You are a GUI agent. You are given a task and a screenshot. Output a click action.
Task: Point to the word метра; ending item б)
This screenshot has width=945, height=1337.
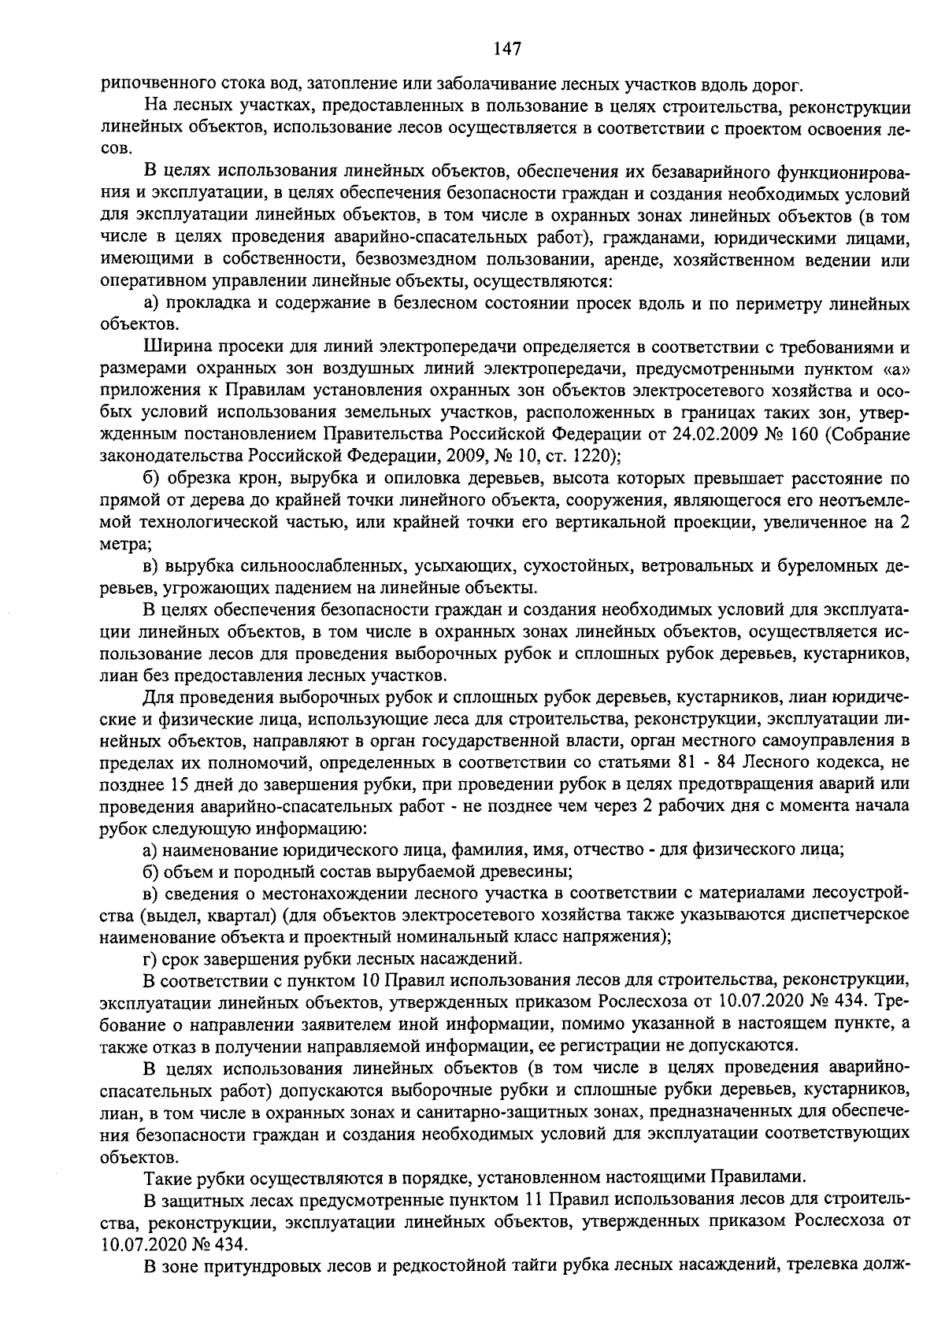(x=126, y=544)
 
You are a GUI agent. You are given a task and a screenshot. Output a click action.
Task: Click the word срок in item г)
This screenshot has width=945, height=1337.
(x=180, y=959)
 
